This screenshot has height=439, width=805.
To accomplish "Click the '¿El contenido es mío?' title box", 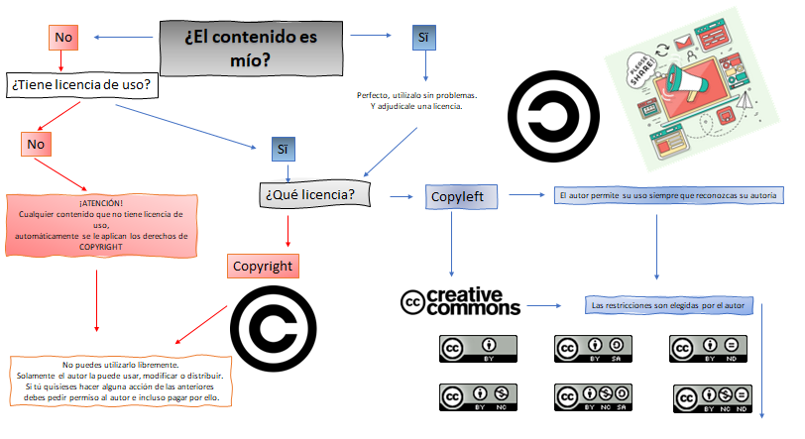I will (x=244, y=48).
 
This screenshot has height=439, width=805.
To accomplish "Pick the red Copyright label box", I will (x=262, y=267).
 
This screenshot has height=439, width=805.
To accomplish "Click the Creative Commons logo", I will (x=460, y=302).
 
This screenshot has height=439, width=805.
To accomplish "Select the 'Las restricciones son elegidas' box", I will (x=666, y=304).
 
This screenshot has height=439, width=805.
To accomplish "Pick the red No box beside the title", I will (x=63, y=37).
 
